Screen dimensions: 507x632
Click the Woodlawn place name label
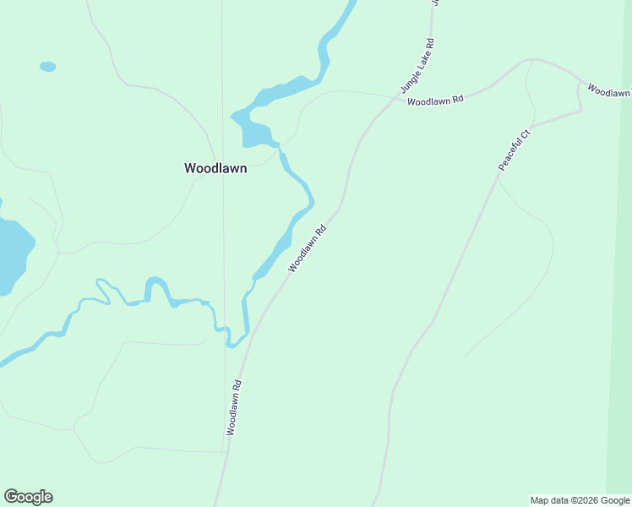215,168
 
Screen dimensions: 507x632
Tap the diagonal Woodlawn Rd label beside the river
307,248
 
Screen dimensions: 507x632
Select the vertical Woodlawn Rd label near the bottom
234,407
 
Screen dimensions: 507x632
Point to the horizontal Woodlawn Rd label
435,101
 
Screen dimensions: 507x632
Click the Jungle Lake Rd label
417,66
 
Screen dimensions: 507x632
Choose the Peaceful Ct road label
514,150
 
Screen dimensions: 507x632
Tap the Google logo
28,497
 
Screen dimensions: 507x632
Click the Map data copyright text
579,500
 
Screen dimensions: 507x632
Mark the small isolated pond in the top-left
47,66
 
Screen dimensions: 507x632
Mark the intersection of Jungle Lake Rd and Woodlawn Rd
397,98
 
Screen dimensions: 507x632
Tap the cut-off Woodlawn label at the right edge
609,90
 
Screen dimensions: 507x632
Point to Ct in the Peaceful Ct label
525,134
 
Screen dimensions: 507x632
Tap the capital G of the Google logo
11,497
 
